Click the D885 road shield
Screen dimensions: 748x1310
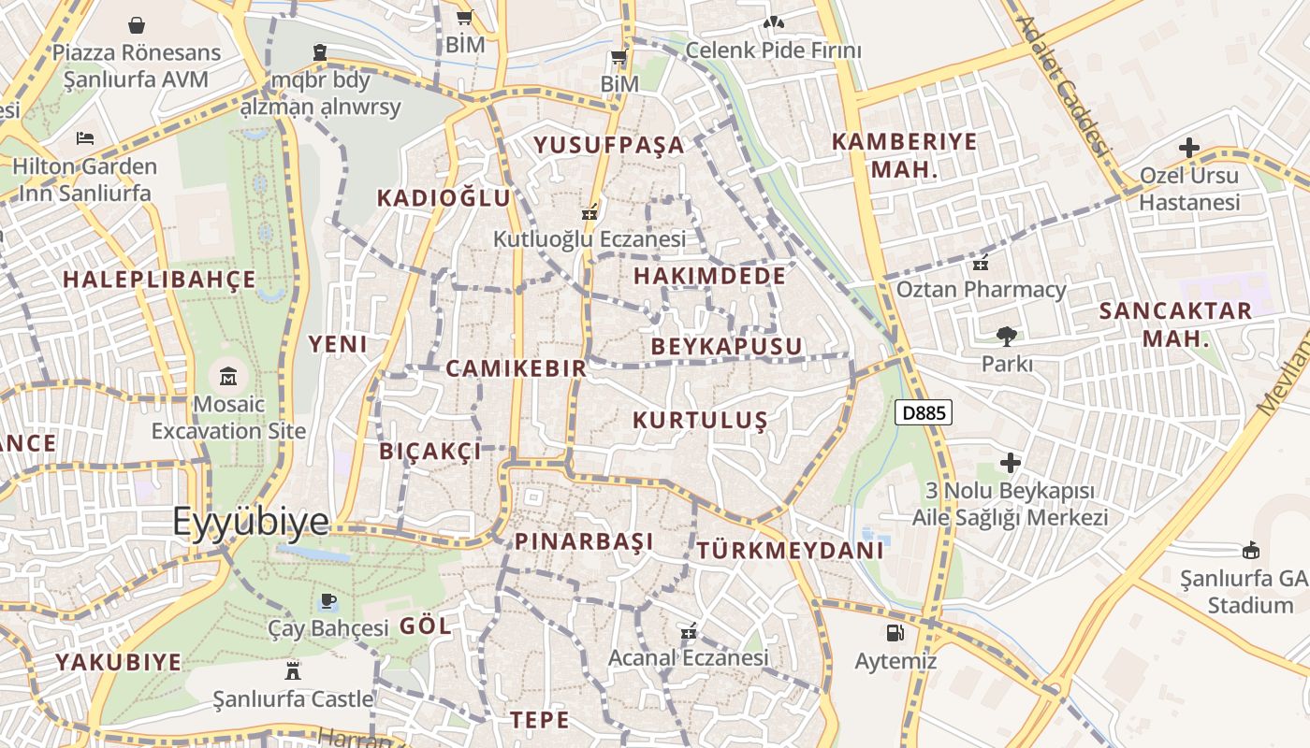tap(923, 412)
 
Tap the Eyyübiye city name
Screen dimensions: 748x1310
tap(251, 522)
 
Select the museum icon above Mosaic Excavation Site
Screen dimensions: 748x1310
tap(227, 377)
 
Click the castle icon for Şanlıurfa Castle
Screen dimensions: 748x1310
tap(293, 670)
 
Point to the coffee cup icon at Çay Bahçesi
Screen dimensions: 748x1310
tap(327, 600)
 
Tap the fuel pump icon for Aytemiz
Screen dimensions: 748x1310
tap(895, 633)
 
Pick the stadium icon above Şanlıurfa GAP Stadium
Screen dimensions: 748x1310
tap(1249, 550)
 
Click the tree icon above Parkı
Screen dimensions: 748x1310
tap(1007, 336)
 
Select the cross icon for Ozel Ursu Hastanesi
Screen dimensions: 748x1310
tap(1188, 148)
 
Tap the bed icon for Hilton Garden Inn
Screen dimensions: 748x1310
tap(85, 138)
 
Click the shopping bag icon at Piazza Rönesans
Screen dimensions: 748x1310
tap(137, 24)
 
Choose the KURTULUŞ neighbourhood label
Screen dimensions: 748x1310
tap(700, 421)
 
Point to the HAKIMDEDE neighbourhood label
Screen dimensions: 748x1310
tap(709, 276)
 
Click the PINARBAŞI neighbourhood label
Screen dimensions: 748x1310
tap(584, 541)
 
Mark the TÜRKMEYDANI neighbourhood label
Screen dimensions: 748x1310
tap(790, 550)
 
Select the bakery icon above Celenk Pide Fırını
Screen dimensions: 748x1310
tap(773, 22)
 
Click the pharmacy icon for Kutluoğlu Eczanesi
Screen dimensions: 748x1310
tap(589, 213)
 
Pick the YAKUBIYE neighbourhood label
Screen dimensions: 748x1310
tap(118, 663)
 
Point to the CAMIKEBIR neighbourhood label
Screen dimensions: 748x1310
tap(516, 368)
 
